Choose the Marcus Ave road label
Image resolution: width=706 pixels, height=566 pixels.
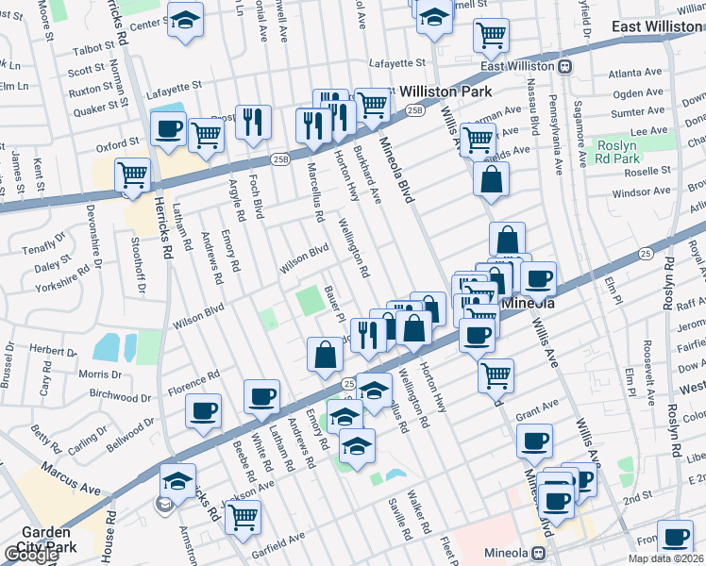click(79, 490)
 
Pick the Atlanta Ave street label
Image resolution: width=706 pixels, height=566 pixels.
click(635, 73)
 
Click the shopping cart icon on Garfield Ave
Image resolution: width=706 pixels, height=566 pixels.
click(244, 517)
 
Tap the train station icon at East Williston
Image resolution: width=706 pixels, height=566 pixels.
click(564, 66)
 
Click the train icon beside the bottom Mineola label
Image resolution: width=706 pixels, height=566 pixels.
click(539, 553)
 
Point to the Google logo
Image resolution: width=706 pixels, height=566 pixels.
click(31, 555)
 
